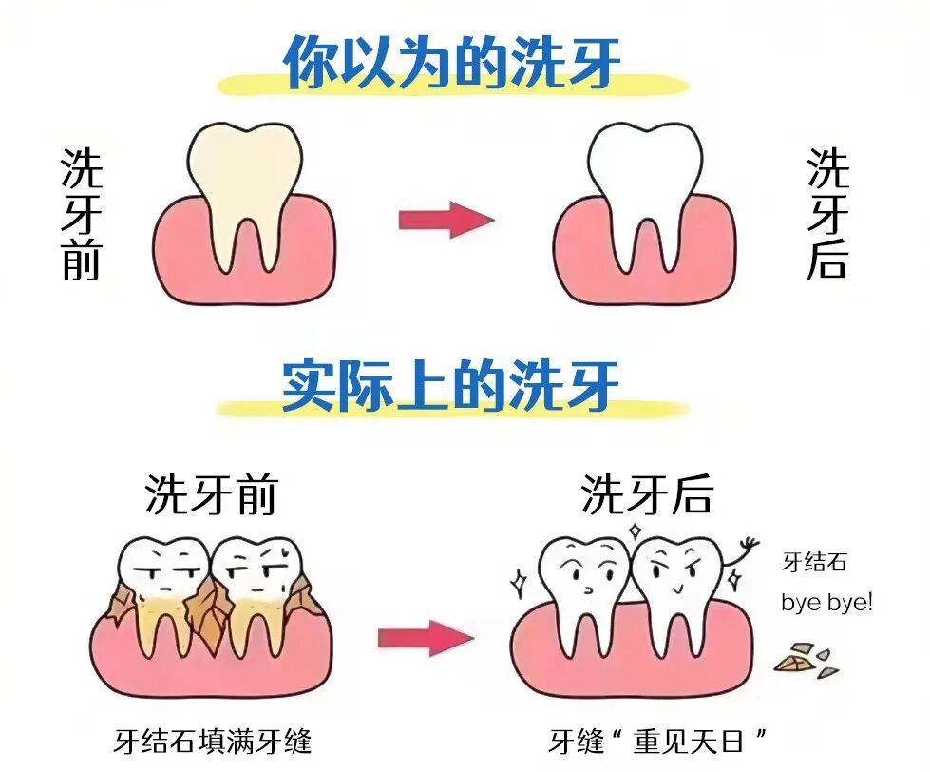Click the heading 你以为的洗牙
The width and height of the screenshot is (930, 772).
pos(452,62)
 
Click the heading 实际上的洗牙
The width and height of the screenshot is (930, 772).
pos(451,386)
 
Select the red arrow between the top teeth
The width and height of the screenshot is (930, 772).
pos(446,220)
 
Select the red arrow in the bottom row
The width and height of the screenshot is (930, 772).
pos(427,638)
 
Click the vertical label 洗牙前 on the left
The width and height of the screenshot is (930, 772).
pos(82,214)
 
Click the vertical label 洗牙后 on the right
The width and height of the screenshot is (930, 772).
pos(828,214)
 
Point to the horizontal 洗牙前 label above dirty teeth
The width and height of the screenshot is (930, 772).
pos(212,493)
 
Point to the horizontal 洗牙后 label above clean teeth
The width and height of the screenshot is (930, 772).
pos(647,493)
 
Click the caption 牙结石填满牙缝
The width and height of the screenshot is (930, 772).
pos(213,742)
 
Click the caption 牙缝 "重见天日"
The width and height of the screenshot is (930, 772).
pos(657,742)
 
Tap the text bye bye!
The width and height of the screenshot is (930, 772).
pos(826,603)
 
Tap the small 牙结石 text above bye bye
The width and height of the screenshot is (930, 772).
pos(814,562)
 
